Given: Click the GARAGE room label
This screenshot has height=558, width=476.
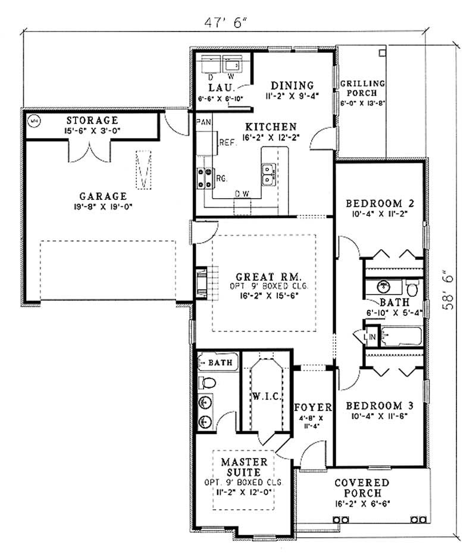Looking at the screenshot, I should click(x=103, y=196).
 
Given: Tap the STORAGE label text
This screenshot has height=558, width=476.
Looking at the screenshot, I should click(x=92, y=120).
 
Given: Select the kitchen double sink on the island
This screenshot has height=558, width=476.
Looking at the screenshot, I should click(x=267, y=174).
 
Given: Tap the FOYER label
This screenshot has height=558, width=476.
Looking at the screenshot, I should click(x=312, y=407).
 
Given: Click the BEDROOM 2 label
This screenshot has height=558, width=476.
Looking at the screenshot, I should click(x=380, y=203).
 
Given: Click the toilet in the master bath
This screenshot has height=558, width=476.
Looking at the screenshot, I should click(x=204, y=381).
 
